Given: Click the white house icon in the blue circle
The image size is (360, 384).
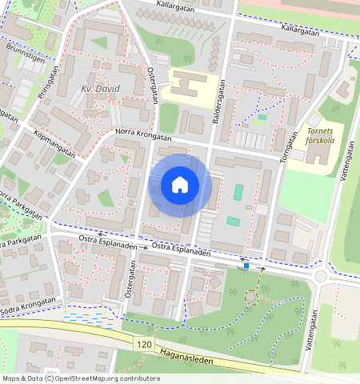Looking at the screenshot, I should pos(180,186).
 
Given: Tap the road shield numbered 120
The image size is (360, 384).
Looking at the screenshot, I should pos(144,344).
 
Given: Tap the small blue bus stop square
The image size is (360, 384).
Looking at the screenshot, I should pos(246,266).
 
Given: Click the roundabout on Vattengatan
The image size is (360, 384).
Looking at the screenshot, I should pos(322,277).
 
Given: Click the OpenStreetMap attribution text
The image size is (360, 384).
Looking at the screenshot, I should pos(80,378).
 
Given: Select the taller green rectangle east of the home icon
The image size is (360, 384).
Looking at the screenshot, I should pos(238,193).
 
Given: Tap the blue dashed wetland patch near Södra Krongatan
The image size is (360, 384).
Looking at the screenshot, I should pos(88,318).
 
